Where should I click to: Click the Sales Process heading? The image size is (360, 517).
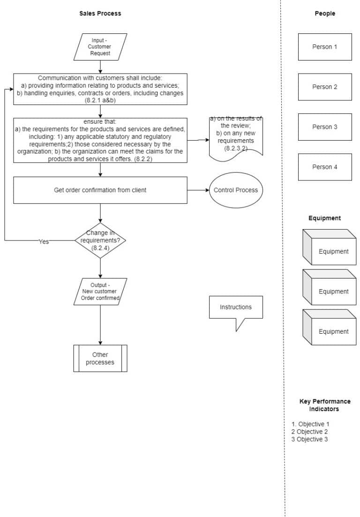pos(100,14)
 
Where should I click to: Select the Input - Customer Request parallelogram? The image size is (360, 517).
pos(100,47)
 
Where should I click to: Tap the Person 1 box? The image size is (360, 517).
pos(324,47)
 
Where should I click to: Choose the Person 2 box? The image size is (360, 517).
pos(324,87)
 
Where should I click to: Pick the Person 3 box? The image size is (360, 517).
pos(324,127)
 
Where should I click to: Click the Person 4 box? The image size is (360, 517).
pos(324,167)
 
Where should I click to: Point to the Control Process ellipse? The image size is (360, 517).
pos(235,190)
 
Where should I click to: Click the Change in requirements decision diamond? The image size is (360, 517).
pos(100,240)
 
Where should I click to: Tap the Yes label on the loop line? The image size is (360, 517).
pos(44,242)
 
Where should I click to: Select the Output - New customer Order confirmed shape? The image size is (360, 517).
pos(100,292)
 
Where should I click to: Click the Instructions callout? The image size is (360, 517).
pos(235,307)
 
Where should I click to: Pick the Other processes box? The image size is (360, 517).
pos(100,359)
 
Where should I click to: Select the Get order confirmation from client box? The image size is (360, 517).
pos(100,190)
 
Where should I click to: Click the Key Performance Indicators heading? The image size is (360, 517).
pos(324,405)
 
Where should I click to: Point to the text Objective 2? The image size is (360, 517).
pos(310,432)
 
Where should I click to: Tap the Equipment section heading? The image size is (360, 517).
pos(324,218)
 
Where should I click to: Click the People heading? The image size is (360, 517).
pos(324,14)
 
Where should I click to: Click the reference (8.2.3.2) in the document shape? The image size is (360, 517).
pos(235,148)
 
